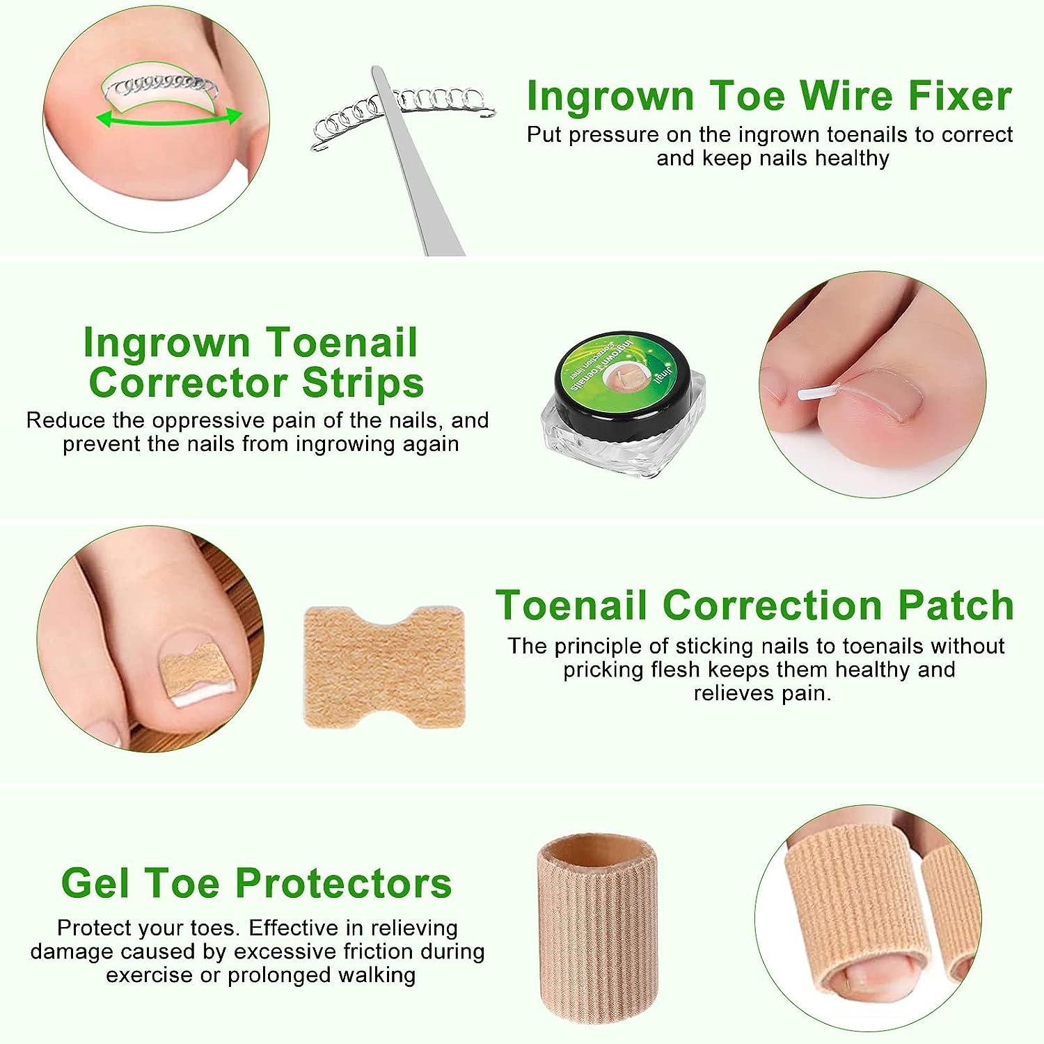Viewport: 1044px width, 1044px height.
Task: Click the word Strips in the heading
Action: pos(362,382)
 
